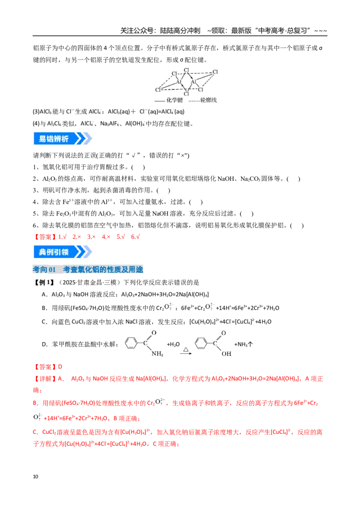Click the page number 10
36,477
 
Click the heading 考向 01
44,269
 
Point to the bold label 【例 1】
44,282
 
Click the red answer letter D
60,367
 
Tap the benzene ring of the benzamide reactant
131,343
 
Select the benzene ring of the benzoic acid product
201,343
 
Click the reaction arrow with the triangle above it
186,353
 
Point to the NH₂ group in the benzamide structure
157,353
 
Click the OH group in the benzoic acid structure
226,353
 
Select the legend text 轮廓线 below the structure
209,100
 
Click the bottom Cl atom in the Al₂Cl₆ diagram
186,94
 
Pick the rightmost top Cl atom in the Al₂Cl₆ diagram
215,72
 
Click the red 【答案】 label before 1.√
45,237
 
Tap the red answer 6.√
135,237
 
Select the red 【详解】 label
45,379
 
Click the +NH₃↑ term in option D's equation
243,344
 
